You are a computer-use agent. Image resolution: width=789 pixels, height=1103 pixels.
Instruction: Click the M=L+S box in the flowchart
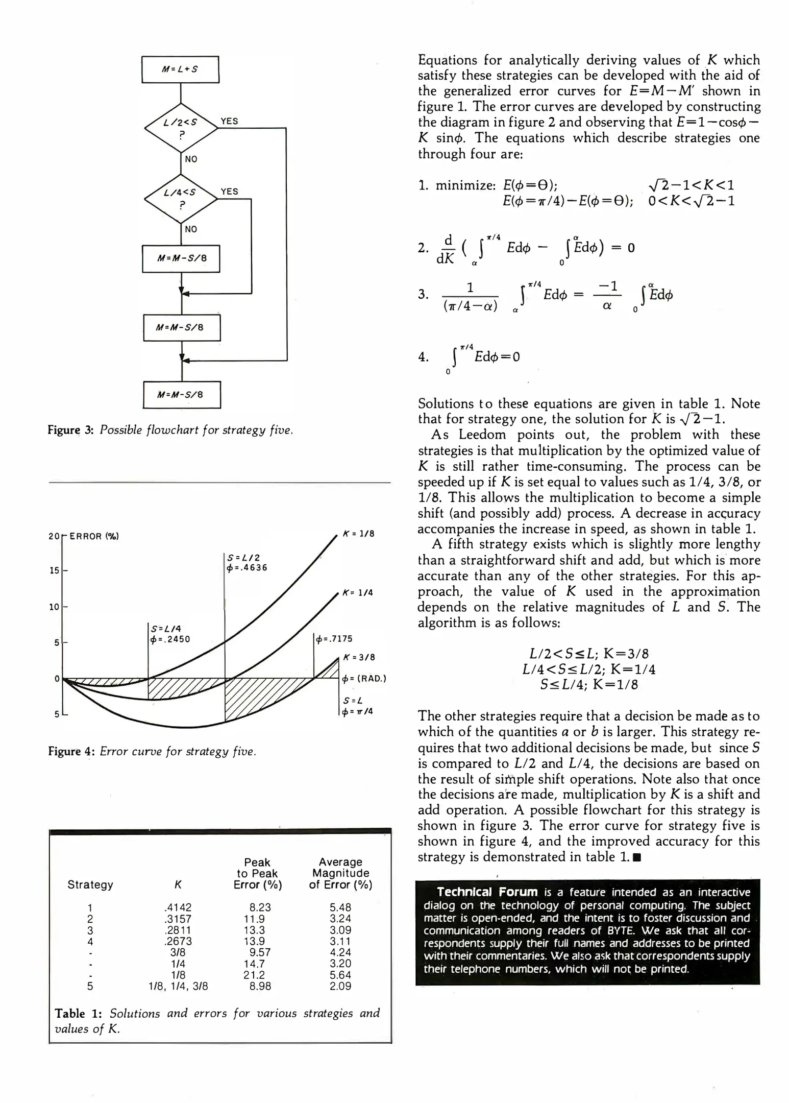pyautogui.click(x=180, y=69)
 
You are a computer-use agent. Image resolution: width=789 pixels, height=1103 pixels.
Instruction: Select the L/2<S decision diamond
pyautogui.click(x=181, y=128)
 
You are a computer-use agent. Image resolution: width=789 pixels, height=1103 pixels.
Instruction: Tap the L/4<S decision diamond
pyautogui.click(x=181, y=198)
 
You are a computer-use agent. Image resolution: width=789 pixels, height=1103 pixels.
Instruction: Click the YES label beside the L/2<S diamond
pyautogui.click(x=229, y=121)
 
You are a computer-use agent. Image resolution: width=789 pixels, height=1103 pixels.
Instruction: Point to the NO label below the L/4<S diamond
pyautogui.click(x=191, y=229)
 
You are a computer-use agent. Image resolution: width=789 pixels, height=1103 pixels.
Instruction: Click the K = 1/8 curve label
pyautogui.click(x=358, y=534)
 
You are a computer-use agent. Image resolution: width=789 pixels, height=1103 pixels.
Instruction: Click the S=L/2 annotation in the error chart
pyautogui.click(x=239, y=558)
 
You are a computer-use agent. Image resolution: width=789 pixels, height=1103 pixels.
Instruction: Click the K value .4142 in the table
pyautogui.click(x=178, y=907)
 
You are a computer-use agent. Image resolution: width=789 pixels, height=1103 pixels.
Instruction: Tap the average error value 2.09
pyautogui.click(x=340, y=986)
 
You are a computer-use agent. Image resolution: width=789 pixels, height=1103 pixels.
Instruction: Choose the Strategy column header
pyautogui.click(x=90, y=884)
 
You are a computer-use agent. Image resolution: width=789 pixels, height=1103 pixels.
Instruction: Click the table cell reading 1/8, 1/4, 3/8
pyautogui.click(x=178, y=986)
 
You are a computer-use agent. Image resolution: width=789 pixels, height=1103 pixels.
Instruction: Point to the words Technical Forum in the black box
pyautogui.click(x=487, y=892)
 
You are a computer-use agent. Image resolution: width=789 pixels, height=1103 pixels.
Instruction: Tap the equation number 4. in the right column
pyautogui.click(x=423, y=357)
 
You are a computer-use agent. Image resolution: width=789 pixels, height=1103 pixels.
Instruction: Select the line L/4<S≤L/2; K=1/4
pyautogui.click(x=588, y=669)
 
